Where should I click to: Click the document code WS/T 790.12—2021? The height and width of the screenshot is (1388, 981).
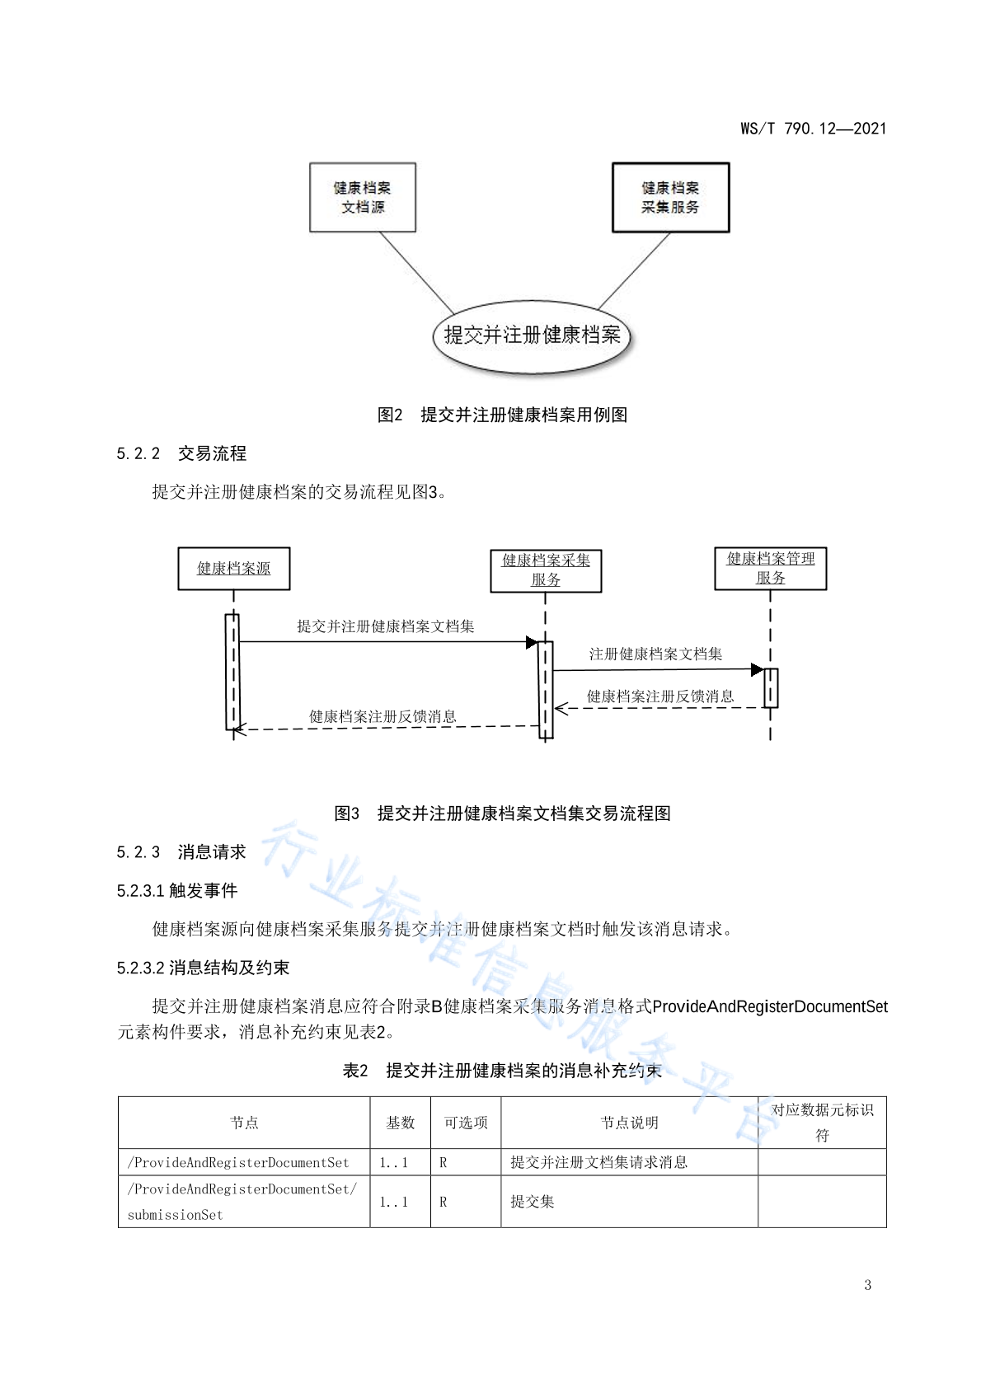click(813, 129)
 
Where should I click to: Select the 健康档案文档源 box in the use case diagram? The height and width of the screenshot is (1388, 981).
click(363, 197)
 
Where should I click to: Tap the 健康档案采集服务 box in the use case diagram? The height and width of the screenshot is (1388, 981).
click(670, 197)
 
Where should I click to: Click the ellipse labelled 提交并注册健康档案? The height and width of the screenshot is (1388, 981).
click(532, 336)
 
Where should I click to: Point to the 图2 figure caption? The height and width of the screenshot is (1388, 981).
click(502, 415)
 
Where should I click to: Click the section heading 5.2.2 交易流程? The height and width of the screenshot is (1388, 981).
click(181, 453)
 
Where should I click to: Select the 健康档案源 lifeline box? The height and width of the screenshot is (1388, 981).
click(233, 568)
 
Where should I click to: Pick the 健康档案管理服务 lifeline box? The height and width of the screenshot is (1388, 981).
click(770, 568)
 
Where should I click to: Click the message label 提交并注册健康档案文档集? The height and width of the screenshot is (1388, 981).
click(386, 626)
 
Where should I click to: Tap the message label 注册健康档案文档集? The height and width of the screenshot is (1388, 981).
click(655, 654)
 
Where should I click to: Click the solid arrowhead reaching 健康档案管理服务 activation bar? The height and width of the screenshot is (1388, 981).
click(758, 669)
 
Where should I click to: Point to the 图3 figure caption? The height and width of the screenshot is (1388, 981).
click(502, 813)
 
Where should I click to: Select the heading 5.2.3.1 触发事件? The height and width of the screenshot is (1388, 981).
click(177, 890)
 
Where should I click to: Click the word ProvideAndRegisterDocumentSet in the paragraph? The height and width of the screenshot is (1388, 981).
click(770, 1006)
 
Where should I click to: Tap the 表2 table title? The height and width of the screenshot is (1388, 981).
click(502, 1070)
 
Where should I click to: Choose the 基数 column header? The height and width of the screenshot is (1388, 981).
click(401, 1122)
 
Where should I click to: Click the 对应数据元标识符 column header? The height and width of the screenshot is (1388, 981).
click(822, 1122)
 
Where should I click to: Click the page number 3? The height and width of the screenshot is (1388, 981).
click(867, 1284)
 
